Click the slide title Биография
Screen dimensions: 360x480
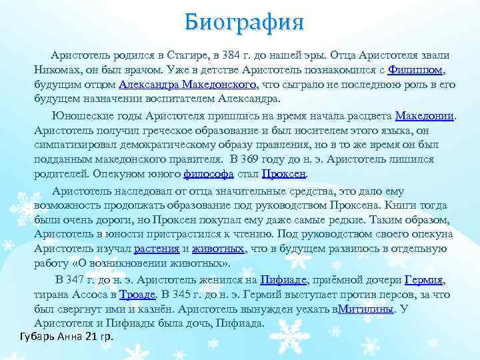point(245,21)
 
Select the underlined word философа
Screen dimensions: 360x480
point(208,174)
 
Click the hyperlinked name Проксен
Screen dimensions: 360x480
point(284,174)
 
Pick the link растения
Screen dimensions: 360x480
point(156,249)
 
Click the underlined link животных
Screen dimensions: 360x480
point(218,249)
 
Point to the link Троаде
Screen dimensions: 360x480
point(137,294)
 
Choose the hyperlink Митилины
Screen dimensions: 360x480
point(366,309)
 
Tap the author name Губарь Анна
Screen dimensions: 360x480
point(45,335)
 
